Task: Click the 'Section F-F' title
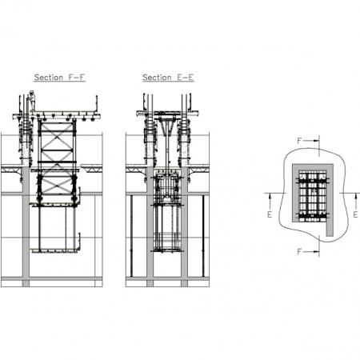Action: [60, 78]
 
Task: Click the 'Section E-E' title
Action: [168, 78]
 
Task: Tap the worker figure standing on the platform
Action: [32, 101]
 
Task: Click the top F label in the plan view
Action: [299, 141]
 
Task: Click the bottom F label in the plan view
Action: [299, 251]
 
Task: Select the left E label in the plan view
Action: [270, 214]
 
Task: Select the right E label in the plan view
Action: [355, 214]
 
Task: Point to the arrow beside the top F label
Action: [311, 141]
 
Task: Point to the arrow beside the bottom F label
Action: [311, 251]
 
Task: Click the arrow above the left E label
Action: [270, 201]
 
